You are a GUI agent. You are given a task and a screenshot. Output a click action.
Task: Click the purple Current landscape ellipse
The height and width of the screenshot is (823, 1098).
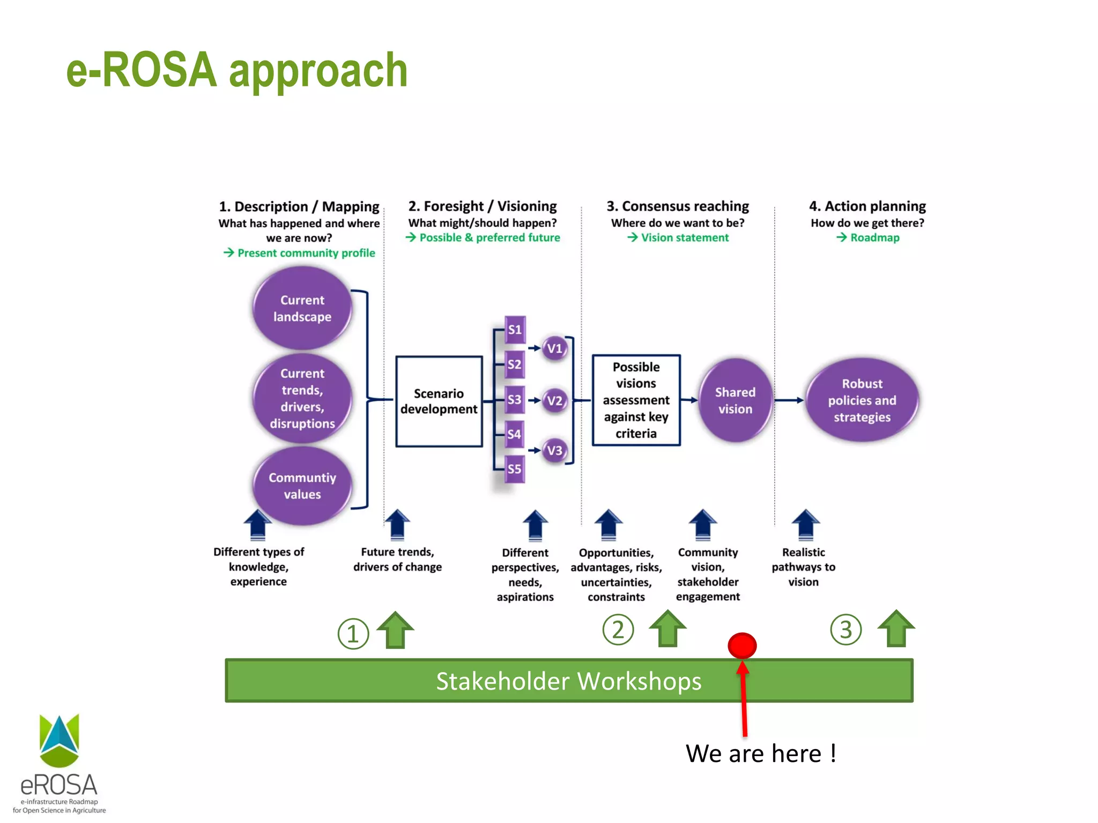[x=302, y=308]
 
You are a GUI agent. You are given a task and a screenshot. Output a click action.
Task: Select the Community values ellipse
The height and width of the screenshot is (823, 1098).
[x=302, y=485]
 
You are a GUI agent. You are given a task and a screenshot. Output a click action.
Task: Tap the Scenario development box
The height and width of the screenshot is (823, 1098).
[x=439, y=401]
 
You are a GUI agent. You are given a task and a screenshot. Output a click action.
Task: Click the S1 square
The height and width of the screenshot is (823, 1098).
[x=515, y=330]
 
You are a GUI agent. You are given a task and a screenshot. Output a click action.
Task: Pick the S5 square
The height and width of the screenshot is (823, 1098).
[x=514, y=469]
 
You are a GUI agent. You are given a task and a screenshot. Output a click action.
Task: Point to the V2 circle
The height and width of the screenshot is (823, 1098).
[x=554, y=401]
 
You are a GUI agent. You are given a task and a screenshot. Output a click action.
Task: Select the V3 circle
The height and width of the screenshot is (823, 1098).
[x=554, y=450]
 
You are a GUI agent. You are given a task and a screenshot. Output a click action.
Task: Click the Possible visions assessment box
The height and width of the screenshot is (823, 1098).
[x=636, y=400]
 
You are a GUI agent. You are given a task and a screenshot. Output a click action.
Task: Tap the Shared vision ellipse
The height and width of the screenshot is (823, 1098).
[x=735, y=400]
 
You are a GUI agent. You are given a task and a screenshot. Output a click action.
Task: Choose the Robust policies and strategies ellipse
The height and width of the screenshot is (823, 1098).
[x=862, y=400]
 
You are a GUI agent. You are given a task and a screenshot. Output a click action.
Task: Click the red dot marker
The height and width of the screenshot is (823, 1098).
[x=742, y=645]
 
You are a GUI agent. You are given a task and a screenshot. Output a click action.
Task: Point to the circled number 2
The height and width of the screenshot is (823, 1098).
[x=618, y=630]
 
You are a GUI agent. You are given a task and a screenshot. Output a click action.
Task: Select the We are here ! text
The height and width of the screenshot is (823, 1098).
[x=760, y=753]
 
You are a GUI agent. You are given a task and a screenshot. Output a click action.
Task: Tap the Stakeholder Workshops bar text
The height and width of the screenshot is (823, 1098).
[x=568, y=681]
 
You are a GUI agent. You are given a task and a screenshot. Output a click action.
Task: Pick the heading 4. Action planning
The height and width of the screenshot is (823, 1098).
[x=867, y=206]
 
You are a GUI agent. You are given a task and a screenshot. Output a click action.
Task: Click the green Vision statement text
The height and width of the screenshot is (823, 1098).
[x=684, y=237]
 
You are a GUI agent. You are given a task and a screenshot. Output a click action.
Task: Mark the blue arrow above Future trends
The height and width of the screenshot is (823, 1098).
[x=397, y=524]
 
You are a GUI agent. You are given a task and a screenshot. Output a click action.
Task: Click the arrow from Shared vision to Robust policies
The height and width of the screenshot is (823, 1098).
[x=789, y=400]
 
